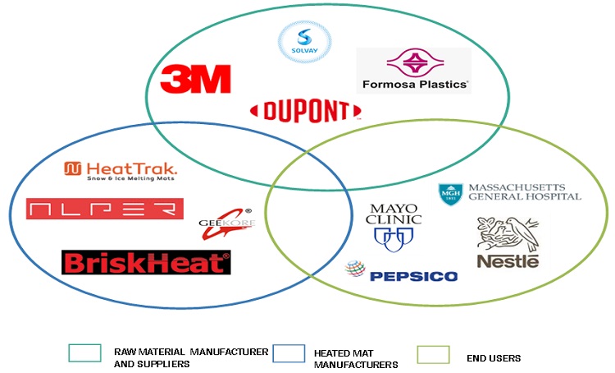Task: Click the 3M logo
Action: pyautogui.click(x=195, y=79)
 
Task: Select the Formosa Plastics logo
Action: pyautogui.click(x=414, y=70)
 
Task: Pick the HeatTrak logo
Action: pyautogui.click(x=121, y=170)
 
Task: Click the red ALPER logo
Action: pyautogui.click(x=104, y=209)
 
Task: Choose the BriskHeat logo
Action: pyautogui.click(x=146, y=263)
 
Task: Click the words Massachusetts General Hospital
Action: pyautogui.click(x=523, y=191)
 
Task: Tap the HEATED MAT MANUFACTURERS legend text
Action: pyautogui.click(x=355, y=358)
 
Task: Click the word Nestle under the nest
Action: pyautogui.click(x=508, y=261)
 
